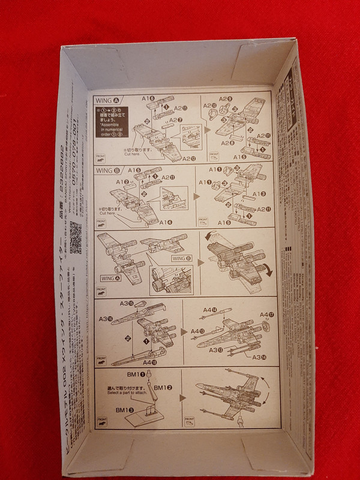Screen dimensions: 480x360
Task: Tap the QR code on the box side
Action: click(x=76, y=238)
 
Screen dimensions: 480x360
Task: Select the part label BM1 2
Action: click(x=160, y=388)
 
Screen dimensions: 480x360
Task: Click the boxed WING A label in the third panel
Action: click(x=112, y=278)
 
